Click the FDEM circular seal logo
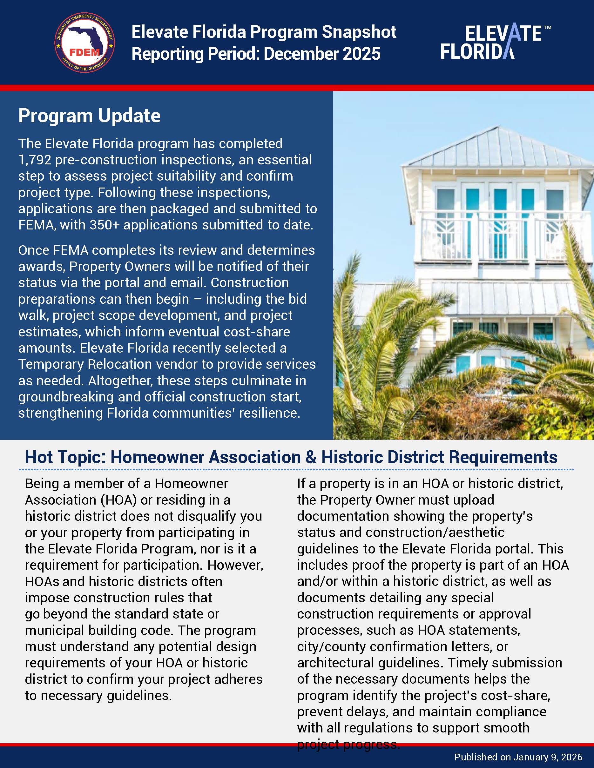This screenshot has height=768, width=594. pos(84,43)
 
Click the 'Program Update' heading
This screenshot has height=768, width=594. pos(89,116)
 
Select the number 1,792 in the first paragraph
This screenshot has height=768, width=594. pos(35,160)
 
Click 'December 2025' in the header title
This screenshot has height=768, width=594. pos(322,54)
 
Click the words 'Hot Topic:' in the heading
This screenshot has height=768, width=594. pos(65,457)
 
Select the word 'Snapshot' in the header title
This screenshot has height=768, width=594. pos(359,32)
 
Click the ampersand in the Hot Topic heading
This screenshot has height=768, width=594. pos(311,457)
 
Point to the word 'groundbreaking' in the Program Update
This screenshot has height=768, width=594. pos(66,397)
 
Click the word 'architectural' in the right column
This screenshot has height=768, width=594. pos(335,663)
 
